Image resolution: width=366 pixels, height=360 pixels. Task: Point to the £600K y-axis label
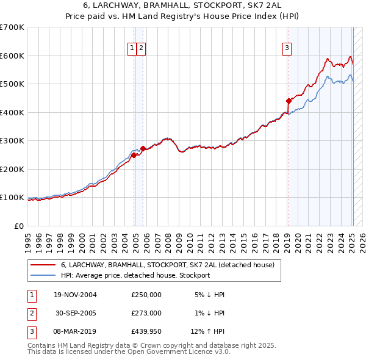coord(12,56)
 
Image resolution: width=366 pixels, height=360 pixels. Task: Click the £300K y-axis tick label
coord(12,140)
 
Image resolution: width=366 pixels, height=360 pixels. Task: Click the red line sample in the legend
coord(44,265)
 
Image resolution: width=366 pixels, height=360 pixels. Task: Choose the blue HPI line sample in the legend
coord(44,275)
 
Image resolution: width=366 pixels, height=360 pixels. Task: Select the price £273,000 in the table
coord(146,313)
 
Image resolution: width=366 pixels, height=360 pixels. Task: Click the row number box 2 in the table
coord(31,313)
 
